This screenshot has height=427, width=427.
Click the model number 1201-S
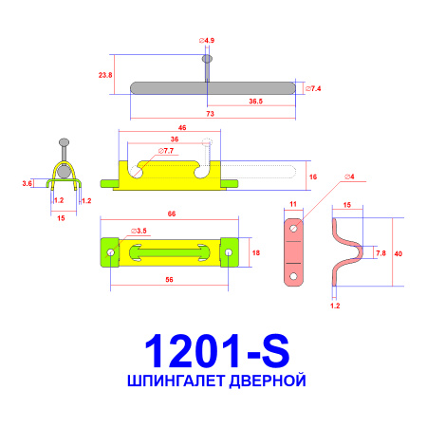point(213,351)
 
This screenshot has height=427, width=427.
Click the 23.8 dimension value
point(104,74)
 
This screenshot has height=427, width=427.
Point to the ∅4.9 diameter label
point(206,41)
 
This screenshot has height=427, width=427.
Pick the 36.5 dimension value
point(256,101)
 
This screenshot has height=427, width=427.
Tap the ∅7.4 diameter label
point(314,87)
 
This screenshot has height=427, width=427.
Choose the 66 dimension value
point(172,215)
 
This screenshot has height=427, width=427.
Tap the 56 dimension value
point(169,280)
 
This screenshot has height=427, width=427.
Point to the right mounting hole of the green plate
point(228,252)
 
